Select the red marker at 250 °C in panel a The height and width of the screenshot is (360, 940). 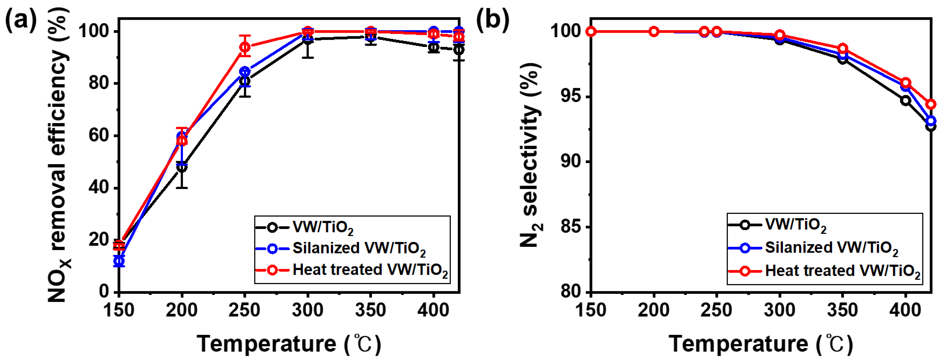245,47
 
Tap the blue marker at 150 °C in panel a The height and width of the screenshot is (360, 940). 119,261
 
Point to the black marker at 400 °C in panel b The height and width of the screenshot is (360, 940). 905,100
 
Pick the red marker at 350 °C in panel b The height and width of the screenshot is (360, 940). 843,48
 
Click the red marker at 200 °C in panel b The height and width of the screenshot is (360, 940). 654,32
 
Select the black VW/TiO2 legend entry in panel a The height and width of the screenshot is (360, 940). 323,227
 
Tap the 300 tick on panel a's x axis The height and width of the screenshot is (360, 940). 308,310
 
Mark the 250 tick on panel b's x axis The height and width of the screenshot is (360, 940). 717,310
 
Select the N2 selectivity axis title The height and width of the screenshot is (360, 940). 531,155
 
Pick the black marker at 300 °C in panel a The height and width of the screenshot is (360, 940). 308,39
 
